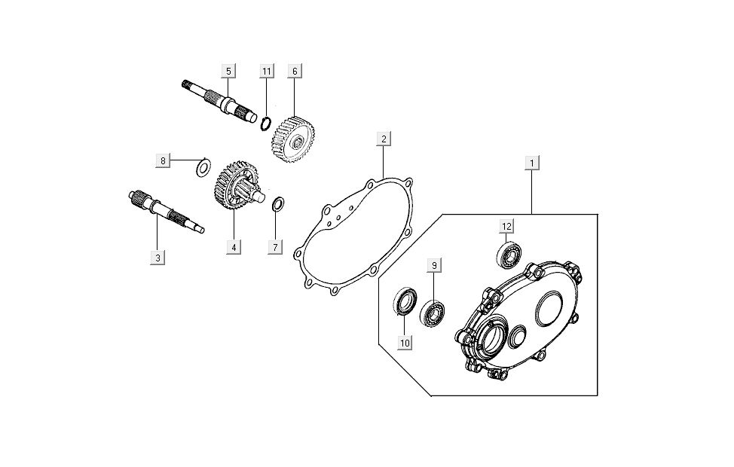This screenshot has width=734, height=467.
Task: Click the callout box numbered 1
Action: tap(532, 163)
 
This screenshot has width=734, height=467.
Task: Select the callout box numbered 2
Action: tap(384, 139)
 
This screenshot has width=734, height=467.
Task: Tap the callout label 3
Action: tap(158, 258)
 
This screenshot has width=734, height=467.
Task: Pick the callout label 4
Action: tap(234, 246)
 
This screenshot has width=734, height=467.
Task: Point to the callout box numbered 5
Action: tap(228, 71)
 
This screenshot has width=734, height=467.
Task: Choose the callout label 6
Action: tap(295, 71)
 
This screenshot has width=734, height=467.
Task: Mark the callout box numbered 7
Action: tap(275, 246)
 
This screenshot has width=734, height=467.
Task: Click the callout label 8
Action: tap(162, 160)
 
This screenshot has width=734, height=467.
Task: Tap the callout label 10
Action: tap(405, 343)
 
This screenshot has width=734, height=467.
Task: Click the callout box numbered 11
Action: tap(266, 71)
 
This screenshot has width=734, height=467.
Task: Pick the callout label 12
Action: tap(507, 226)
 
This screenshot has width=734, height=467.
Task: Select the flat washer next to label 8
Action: tap(202, 167)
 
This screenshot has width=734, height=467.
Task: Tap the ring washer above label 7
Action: tap(277, 203)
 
